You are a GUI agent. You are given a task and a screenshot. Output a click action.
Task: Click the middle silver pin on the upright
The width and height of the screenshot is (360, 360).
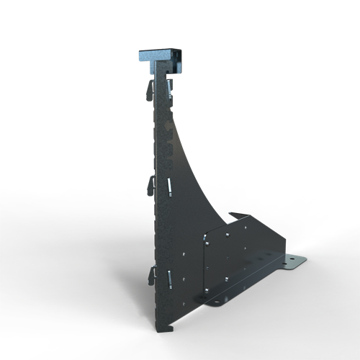165,186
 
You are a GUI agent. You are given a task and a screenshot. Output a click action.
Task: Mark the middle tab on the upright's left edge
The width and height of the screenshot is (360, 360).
151,184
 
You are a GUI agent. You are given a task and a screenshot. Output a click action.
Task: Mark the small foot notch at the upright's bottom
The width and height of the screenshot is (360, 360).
165,328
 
